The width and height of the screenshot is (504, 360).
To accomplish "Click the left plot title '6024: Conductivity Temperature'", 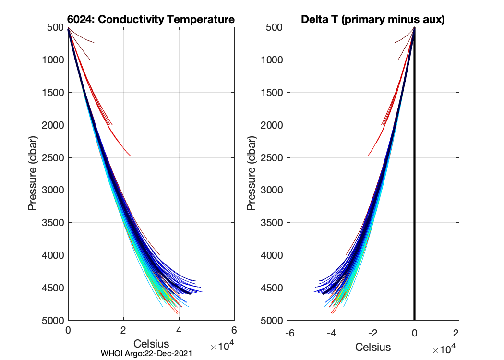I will [x=151, y=20].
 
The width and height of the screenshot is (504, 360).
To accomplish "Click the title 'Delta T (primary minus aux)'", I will [x=372, y=20].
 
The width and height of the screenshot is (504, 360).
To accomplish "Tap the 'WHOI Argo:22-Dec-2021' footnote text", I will [x=147, y=354].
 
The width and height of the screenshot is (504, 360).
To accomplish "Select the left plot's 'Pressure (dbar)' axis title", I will [x=33, y=174].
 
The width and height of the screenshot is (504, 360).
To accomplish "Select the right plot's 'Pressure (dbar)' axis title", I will [x=251, y=174].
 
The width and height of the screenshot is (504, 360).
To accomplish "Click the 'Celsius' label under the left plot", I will [x=151, y=344].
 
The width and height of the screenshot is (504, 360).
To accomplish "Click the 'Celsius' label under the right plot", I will [x=373, y=347].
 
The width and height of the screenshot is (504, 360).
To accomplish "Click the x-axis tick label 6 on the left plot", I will [x=234, y=331].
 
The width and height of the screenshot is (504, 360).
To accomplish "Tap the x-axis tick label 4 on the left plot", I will [x=179, y=331].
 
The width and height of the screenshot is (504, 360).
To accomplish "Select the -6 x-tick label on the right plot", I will [x=289, y=333].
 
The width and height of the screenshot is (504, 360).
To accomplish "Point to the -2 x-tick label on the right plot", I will [x=373, y=333].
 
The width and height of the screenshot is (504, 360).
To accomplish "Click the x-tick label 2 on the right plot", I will [x=456, y=333].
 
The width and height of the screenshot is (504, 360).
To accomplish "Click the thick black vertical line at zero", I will [x=415, y=192].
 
